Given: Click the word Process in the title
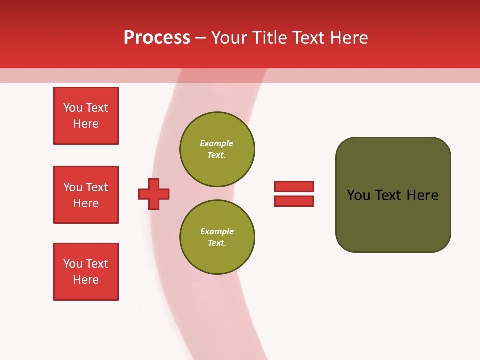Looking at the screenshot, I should pyautogui.click(x=157, y=37).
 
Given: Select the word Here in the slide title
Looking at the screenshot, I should pyautogui.click(x=348, y=37).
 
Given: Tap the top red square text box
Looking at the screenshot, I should pyautogui.click(x=86, y=116).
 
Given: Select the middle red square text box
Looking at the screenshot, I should pyautogui.click(x=86, y=195).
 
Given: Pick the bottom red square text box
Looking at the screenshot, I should pyautogui.click(x=86, y=272).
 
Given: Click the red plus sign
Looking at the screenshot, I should pyautogui.click(x=154, y=194).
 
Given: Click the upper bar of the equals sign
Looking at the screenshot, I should pyautogui.click(x=294, y=186).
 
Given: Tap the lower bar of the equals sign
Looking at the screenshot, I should pyautogui.click(x=294, y=201).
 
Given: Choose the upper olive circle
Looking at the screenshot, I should pyautogui.click(x=217, y=149).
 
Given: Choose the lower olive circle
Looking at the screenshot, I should pyautogui.click(x=217, y=237).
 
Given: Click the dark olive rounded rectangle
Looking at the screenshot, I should pyautogui.click(x=393, y=195).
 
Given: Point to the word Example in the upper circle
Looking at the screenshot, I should pyautogui.click(x=217, y=143).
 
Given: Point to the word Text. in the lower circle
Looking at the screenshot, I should pyautogui.click(x=217, y=243).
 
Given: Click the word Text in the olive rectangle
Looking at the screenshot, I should pyautogui.click(x=389, y=195).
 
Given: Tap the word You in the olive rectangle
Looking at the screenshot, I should pyautogui.click(x=358, y=195).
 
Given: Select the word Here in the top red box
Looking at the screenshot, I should pyautogui.click(x=86, y=124).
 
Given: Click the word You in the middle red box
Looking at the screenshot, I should pyautogui.click(x=72, y=187).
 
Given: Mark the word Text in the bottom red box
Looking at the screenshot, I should pyautogui.click(x=97, y=264).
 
